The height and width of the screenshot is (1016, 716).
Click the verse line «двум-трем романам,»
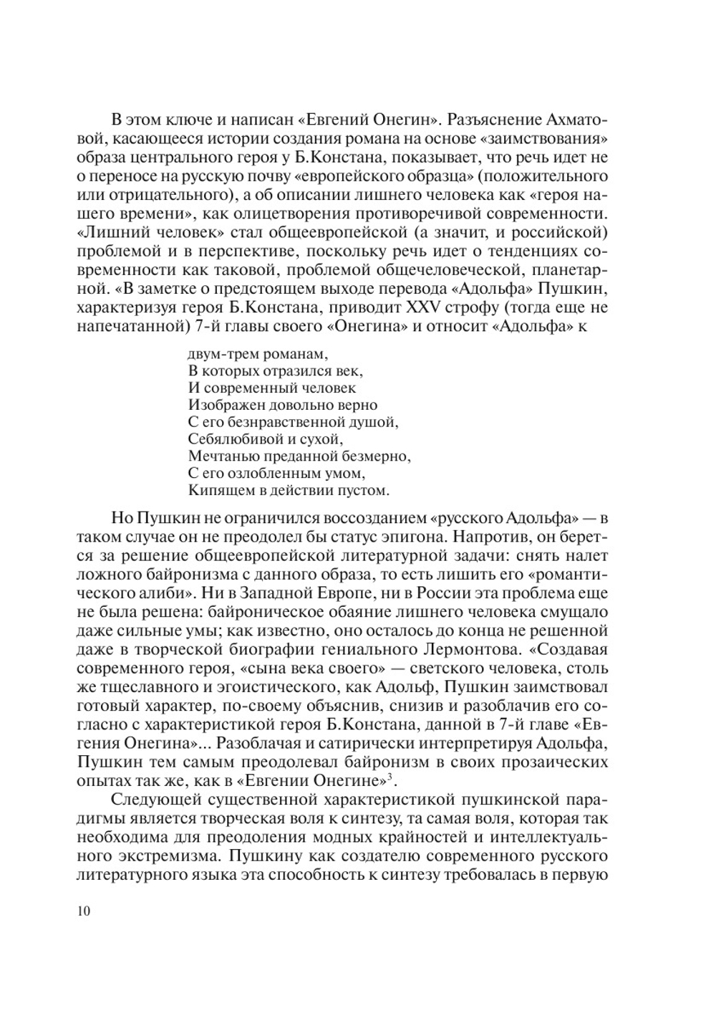pyautogui.click(x=258, y=353)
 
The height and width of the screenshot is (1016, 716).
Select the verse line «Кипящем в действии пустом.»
pyautogui.click(x=289, y=491)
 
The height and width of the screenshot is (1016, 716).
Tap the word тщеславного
pyautogui.click(x=139, y=687)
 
